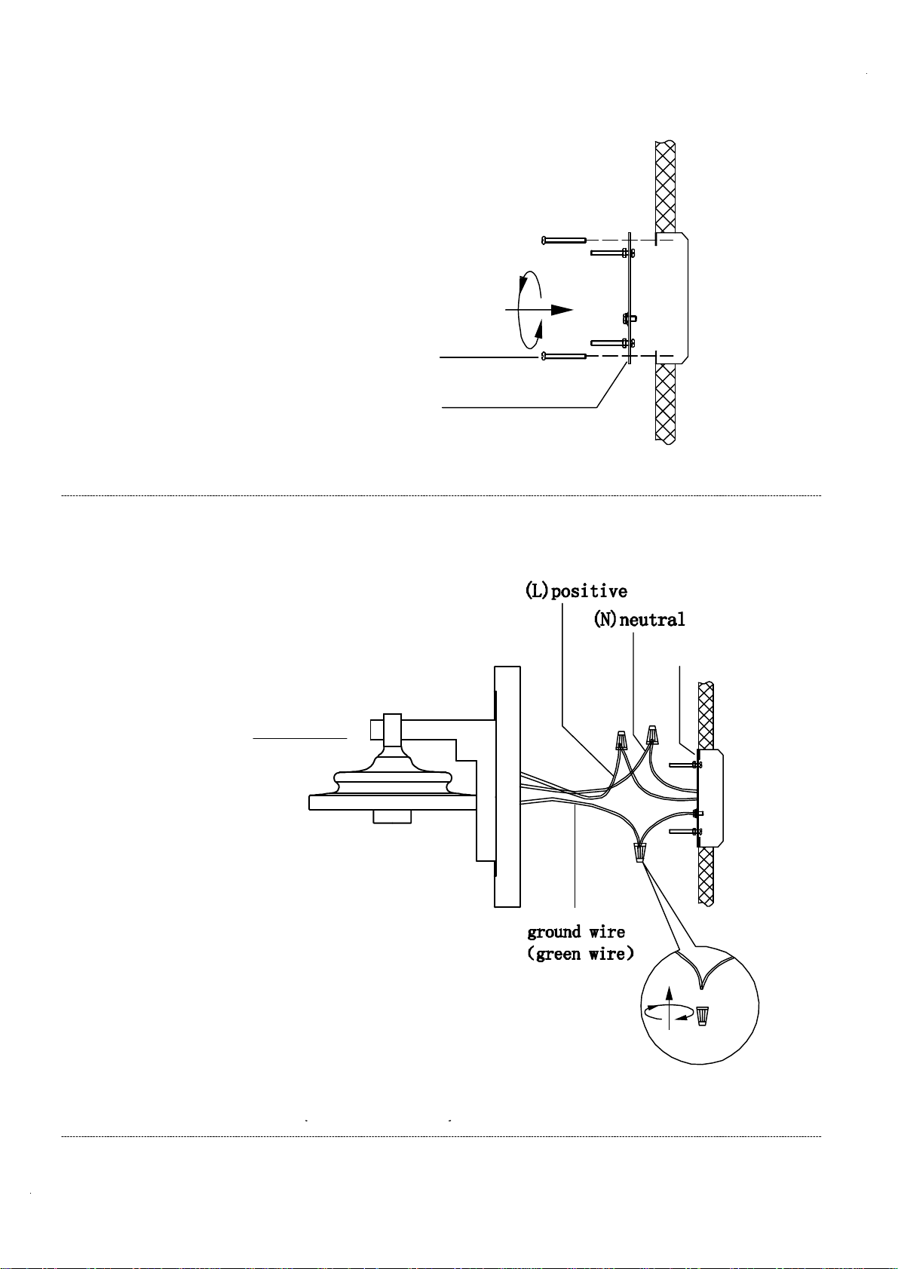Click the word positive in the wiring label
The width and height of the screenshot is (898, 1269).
pyautogui.click(x=589, y=591)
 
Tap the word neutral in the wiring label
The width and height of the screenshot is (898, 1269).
pyautogui.click(x=652, y=619)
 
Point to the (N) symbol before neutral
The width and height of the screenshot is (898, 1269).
pyautogui.click(x=606, y=619)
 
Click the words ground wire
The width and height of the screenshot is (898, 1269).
pyautogui.click(x=576, y=932)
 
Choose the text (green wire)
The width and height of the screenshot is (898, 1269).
pyautogui.click(x=580, y=954)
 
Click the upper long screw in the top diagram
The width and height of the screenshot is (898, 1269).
pyautogui.click(x=564, y=241)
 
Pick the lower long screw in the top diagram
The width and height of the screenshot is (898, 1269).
pyautogui.click(x=564, y=356)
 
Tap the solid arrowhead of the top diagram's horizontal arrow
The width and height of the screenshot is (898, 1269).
pyautogui.click(x=562, y=310)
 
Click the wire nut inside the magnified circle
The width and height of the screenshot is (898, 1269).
pyautogui.click(x=702, y=1016)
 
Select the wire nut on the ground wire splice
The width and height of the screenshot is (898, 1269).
pyautogui.click(x=639, y=851)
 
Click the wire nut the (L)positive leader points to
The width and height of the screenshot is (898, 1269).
pyautogui.click(x=622, y=740)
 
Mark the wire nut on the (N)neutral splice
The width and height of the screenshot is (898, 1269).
pyautogui.click(x=652, y=734)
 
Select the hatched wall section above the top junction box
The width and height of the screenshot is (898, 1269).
pyautogui.click(x=665, y=186)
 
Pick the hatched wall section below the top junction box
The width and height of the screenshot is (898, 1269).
pyautogui.click(x=665, y=404)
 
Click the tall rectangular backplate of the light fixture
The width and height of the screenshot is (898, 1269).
pyautogui.click(x=507, y=786)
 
